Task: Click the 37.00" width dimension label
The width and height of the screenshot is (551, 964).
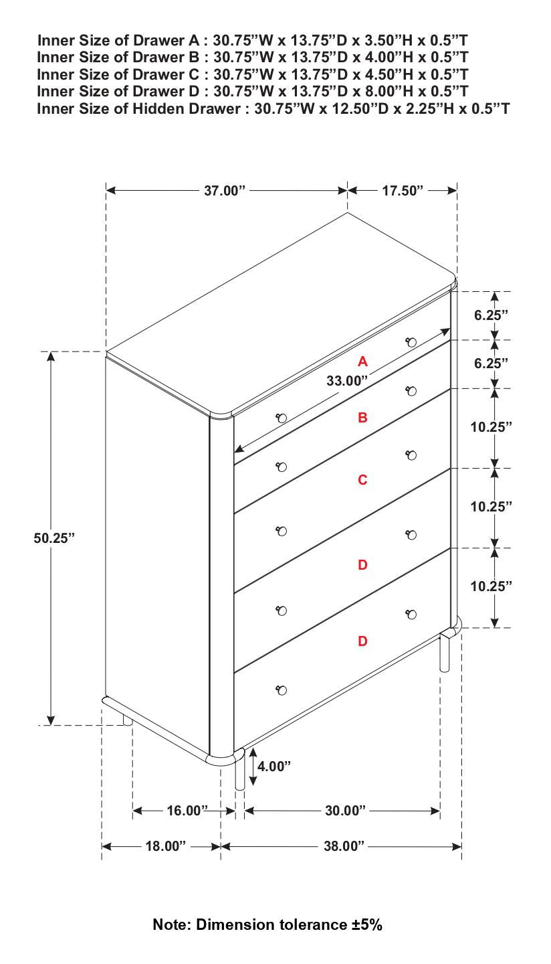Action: [225, 191]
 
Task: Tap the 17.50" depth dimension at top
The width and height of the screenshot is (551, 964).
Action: [403, 191]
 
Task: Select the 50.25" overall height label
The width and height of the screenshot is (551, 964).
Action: [54, 538]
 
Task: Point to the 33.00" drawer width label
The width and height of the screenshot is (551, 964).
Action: [347, 381]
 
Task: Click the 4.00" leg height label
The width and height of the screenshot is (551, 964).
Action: [274, 767]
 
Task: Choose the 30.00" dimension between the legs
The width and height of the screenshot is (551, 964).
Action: [345, 811]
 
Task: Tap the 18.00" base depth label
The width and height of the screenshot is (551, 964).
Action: [166, 847]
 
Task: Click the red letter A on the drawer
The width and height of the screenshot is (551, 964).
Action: [362, 361]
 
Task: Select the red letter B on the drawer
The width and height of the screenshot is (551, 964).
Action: [362, 418]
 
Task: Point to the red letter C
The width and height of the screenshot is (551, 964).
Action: [362, 480]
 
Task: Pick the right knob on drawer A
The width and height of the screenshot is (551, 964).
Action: [411, 342]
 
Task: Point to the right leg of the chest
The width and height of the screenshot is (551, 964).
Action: [445, 653]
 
